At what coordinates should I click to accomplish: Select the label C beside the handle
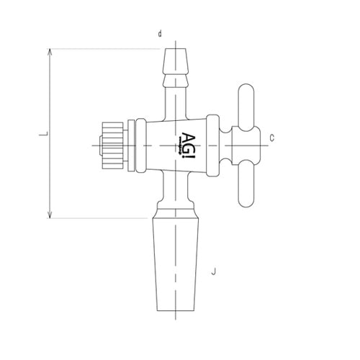271,136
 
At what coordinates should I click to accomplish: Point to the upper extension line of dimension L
108,49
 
